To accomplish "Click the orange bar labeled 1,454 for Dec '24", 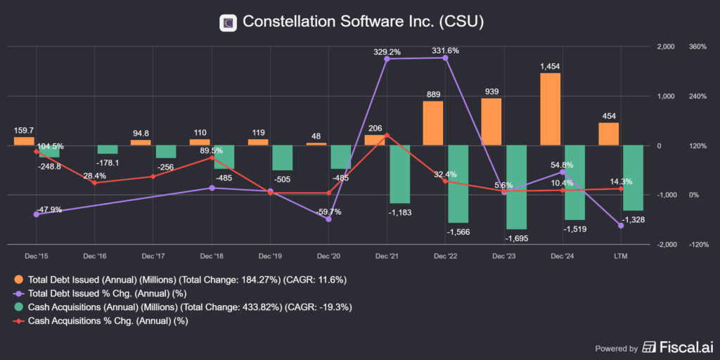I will pyautogui.click(x=551, y=109).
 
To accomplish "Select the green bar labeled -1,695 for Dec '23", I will pyautogui.click(x=516, y=187).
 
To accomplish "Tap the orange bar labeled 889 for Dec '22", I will pyautogui.click(x=433, y=123).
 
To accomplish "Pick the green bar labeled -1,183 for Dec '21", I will pyautogui.click(x=399, y=174).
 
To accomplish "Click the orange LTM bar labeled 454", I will pyautogui.click(x=609, y=134).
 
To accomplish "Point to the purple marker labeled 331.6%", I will pyautogui.click(x=446, y=58).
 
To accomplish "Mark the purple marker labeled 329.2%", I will pyautogui.click(x=387, y=59).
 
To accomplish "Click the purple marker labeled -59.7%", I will pyautogui.click(x=328, y=219).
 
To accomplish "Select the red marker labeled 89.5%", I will pyautogui.click(x=212, y=158).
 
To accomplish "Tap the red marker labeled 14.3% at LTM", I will pyautogui.click(x=621, y=188).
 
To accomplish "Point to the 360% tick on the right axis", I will pyautogui.click(x=697, y=47).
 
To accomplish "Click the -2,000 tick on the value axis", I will pyautogui.click(x=664, y=245).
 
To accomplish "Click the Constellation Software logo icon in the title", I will pyautogui.click(x=227, y=22).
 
